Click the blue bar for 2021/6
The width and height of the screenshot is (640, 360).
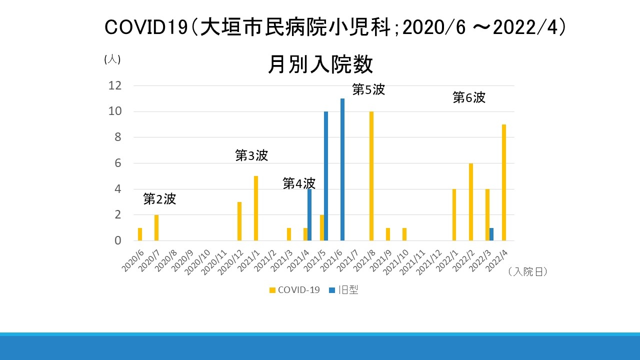pyautogui.click(x=342, y=169)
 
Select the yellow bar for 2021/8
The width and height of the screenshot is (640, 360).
pyautogui.click(x=371, y=176)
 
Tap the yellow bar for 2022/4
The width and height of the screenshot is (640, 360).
pyautogui.click(x=504, y=182)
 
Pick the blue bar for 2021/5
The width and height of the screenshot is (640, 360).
pyautogui.click(x=326, y=176)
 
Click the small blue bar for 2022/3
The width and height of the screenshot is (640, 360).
pyautogui.click(x=491, y=234)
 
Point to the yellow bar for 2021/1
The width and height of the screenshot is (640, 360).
pyautogui.click(x=256, y=208)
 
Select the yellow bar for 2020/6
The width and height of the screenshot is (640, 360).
pyautogui.click(x=140, y=234)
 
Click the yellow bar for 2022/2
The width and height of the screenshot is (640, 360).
pyautogui.click(x=471, y=202)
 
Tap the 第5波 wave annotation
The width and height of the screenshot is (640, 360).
pyautogui.click(x=368, y=90)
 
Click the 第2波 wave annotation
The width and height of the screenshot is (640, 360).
pyautogui.click(x=159, y=199)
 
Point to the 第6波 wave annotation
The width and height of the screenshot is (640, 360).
pyautogui.click(x=469, y=97)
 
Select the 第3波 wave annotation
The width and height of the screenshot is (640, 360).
pyautogui.click(x=251, y=155)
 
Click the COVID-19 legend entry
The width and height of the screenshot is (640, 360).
pyautogui.click(x=294, y=290)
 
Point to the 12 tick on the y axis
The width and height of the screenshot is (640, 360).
pyautogui.click(x=115, y=85)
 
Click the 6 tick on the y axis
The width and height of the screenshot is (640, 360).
pyautogui.click(x=118, y=163)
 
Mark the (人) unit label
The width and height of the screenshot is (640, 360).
pyautogui.click(x=112, y=59)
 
